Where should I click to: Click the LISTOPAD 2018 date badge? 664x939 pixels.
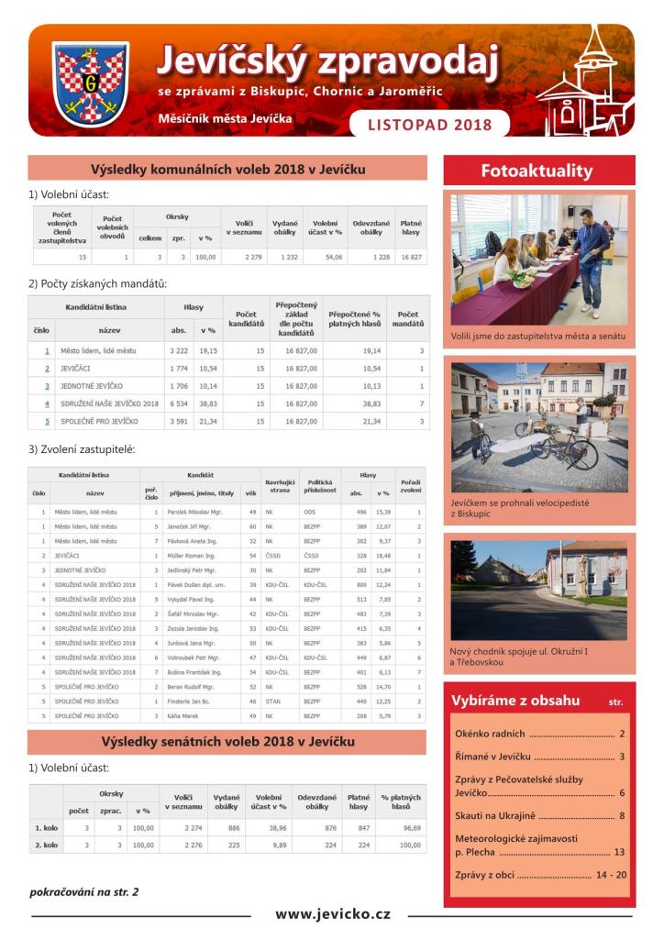(428, 124)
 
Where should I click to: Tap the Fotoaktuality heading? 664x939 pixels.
(537, 171)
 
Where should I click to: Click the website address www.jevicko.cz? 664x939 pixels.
(332, 913)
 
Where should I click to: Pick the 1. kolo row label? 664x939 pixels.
(46, 827)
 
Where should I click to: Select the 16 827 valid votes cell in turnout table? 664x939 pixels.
(410, 258)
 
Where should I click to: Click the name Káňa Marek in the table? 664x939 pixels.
(182, 714)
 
